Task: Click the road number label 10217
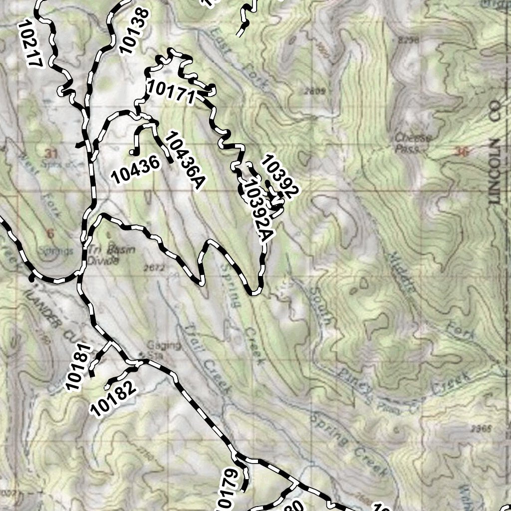30,44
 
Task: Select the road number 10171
170,92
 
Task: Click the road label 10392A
255,210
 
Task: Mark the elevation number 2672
153,268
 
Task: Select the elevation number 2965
481,428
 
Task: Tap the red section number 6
50,233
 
